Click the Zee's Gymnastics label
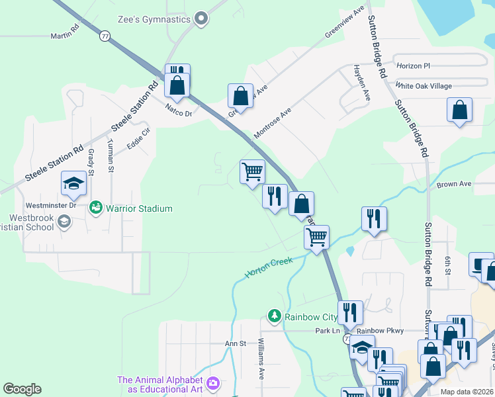point(154,19)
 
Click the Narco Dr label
point(178,113)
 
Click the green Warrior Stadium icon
point(97,208)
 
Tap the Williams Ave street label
point(261,358)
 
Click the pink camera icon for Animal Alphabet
point(213,383)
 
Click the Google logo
point(22,389)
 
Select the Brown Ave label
point(453,184)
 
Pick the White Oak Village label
point(424,86)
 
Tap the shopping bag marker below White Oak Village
point(459,110)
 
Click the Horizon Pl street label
point(413,66)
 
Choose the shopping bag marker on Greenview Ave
point(241,95)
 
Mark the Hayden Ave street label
point(361,83)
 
